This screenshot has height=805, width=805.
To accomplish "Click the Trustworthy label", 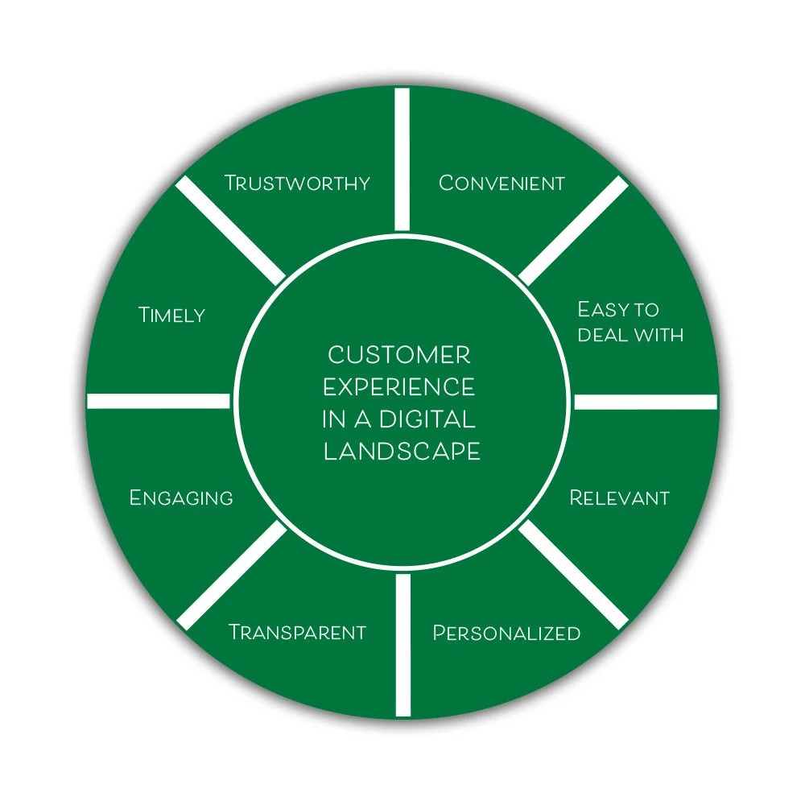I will [297, 183].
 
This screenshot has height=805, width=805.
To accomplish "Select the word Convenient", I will [502, 183].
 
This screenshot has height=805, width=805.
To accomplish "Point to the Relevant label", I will [619, 497].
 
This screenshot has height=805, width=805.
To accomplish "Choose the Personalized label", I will [506, 633].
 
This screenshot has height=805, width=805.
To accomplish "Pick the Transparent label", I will [297, 632].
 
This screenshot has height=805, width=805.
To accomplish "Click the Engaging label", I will [181, 497].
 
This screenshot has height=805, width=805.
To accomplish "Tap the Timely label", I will [172, 314].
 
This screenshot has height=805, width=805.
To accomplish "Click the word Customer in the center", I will [399, 354].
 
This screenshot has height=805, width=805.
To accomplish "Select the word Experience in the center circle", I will [399, 387].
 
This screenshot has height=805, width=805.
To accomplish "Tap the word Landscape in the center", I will [402, 452].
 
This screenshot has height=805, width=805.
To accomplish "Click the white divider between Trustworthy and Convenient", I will [402, 159].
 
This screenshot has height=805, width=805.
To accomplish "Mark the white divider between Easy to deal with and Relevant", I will [644, 402].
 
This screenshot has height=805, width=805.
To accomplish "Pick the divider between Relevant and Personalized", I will [573, 574].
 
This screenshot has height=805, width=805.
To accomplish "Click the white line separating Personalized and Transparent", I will [402, 644].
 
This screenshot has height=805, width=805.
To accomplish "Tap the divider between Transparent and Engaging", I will [231, 574].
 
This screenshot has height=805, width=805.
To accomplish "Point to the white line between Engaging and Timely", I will [159, 401].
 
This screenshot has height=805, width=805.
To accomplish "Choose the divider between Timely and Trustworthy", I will [231, 229].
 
